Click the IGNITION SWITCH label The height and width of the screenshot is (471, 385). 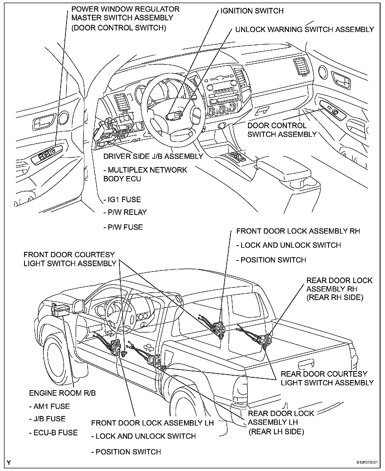tap(252, 11)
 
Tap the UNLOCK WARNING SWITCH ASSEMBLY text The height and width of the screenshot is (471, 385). tap(305, 29)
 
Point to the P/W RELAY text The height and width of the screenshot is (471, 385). tap(125, 212)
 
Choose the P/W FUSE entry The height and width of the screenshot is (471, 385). tap(123, 227)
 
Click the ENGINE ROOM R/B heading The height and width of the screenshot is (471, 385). tap(62, 393)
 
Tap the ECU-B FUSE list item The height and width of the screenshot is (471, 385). tap(53, 433)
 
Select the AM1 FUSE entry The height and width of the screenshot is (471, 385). tap(49, 406)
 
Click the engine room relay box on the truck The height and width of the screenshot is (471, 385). tap(61, 309)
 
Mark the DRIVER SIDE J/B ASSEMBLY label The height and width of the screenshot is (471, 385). tap(153, 156)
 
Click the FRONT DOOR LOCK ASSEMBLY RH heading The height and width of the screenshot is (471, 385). tap(298, 231)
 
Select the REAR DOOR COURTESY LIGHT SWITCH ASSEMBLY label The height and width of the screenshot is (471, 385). tap(327, 378)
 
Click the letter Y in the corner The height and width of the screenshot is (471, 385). tap(9, 463)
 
